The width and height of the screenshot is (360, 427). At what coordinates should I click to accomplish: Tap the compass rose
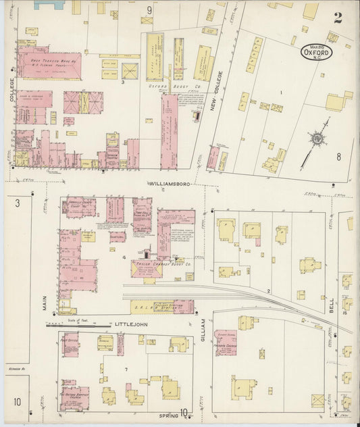[315, 139]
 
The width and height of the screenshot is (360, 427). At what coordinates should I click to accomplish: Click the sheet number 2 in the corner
[337, 18]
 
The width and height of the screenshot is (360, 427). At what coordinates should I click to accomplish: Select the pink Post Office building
[69, 343]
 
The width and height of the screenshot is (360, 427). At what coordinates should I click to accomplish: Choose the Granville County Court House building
[79, 208]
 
